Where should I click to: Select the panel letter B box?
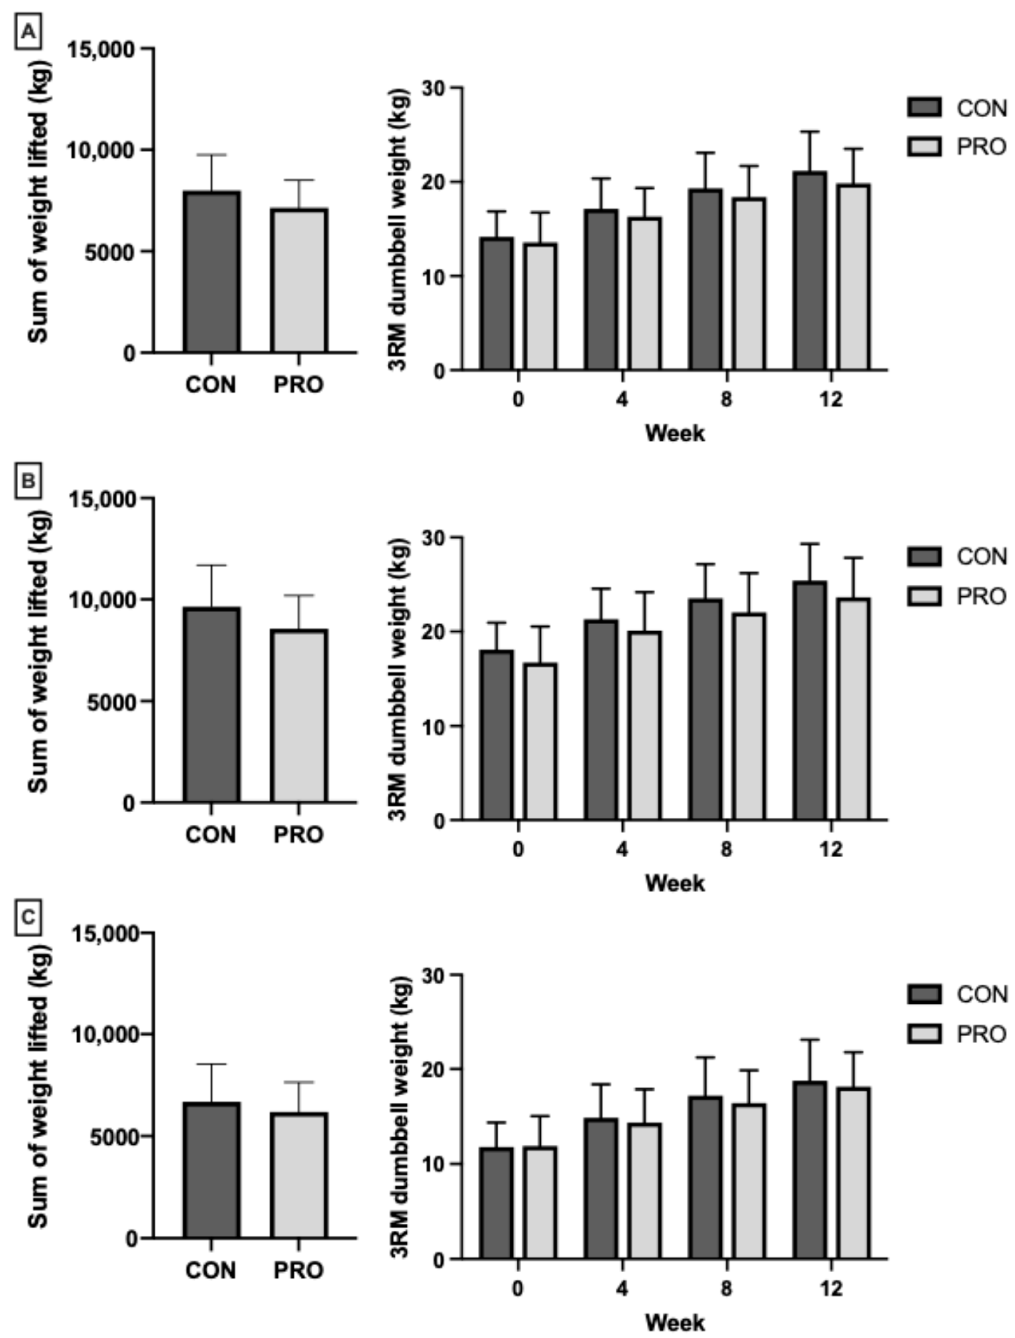coord(28,481)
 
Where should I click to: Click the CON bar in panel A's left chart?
coord(212,272)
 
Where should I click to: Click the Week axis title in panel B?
coord(675,883)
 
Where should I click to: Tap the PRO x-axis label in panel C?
coord(299,1270)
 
